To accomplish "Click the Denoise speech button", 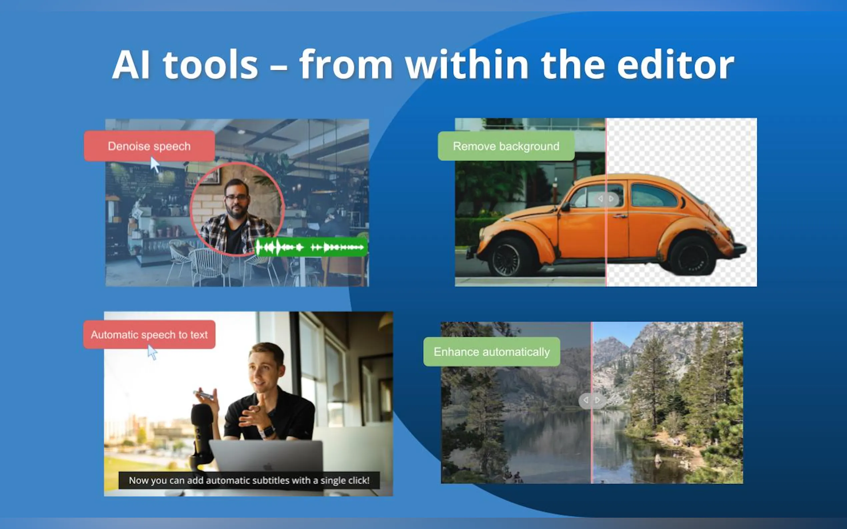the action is [149, 146].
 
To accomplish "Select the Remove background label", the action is [506, 146].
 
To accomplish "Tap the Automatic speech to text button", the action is [149, 334].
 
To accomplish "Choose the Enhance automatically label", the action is [492, 352].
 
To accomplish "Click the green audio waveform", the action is [311, 247].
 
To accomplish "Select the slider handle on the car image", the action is [606, 199].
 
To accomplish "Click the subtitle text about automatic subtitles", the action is [249, 480].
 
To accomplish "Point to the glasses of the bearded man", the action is [237, 198].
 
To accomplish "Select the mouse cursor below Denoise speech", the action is [154, 165].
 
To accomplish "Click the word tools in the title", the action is [210, 65].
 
